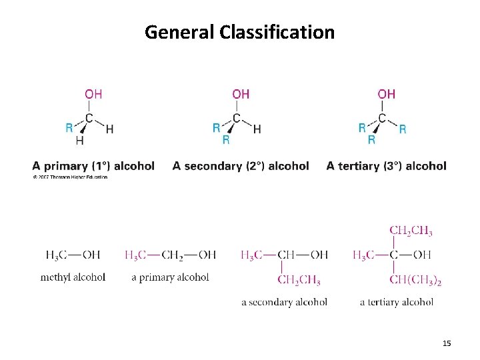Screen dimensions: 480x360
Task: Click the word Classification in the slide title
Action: pos(277,31)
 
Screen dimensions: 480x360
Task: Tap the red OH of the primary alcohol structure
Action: pos(93,94)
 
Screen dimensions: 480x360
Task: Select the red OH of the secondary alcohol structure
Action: pos(241,94)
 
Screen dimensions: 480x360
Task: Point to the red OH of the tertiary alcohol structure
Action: pos(387,94)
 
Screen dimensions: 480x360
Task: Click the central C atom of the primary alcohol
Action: pos(89,119)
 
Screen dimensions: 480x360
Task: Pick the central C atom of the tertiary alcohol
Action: pos(382,119)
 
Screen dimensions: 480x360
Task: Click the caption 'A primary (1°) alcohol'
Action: pos(93,166)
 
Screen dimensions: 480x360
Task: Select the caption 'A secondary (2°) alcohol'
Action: pos(241,166)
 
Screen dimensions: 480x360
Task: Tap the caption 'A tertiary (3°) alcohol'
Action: pos(387,166)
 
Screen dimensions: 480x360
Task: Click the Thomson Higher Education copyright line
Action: pos(70,177)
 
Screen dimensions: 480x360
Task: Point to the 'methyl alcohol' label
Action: pos(73,277)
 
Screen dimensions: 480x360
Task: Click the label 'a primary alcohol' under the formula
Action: pos(170,277)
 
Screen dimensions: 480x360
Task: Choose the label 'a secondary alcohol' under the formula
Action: pos(284,302)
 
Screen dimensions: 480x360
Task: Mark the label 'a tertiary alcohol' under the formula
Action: pos(397,302)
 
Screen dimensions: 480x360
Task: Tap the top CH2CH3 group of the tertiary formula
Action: pos(411,231)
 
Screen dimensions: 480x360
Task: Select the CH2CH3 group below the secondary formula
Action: pos(299,280)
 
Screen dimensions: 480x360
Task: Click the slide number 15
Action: pos(447,343)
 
